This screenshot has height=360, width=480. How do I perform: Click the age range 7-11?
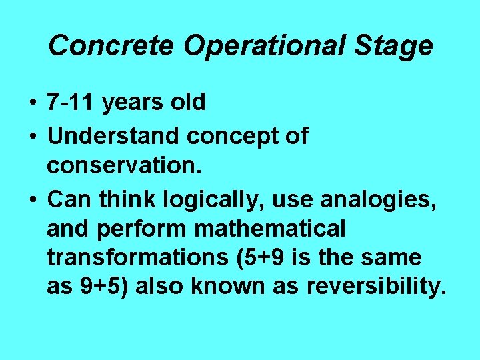tap(73, 103)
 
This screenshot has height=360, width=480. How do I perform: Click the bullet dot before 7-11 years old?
tap(32, 103)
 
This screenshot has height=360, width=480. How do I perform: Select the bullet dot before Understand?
tap(32, 137)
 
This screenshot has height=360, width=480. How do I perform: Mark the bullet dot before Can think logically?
tap(32, 199)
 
